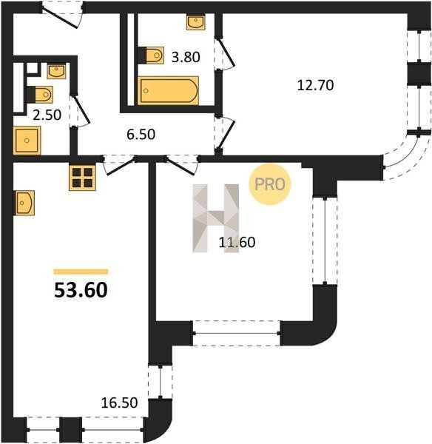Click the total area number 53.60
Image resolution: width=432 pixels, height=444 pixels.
(x=81, y=290)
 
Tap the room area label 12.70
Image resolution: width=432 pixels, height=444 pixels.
(x=315, y=85)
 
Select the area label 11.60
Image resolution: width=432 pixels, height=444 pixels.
(x=237, y=243)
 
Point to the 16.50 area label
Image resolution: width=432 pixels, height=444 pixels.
(x=119, y=403)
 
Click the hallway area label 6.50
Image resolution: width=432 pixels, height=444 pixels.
(x=141, y=134)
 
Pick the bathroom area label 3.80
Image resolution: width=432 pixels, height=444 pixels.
(x=186, y=57)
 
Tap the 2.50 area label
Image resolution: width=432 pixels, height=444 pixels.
(x=47, y=115)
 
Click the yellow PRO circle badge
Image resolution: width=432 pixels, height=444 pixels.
(x=270, y=184)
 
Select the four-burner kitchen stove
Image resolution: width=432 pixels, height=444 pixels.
(x=82, y=178)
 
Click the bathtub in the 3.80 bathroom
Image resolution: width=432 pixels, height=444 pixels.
(x=168, y=90)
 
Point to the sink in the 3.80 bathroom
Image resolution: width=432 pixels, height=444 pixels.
(x=196, y=23)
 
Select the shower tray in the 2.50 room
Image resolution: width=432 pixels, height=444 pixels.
(x=27, y=141)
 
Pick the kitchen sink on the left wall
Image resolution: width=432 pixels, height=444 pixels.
(x=24, y=203)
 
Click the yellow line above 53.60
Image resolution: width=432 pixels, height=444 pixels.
(x=81, y=272)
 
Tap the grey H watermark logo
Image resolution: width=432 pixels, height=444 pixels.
(x=216, y=218)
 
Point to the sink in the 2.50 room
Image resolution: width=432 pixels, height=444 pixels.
(x=57, y=71)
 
